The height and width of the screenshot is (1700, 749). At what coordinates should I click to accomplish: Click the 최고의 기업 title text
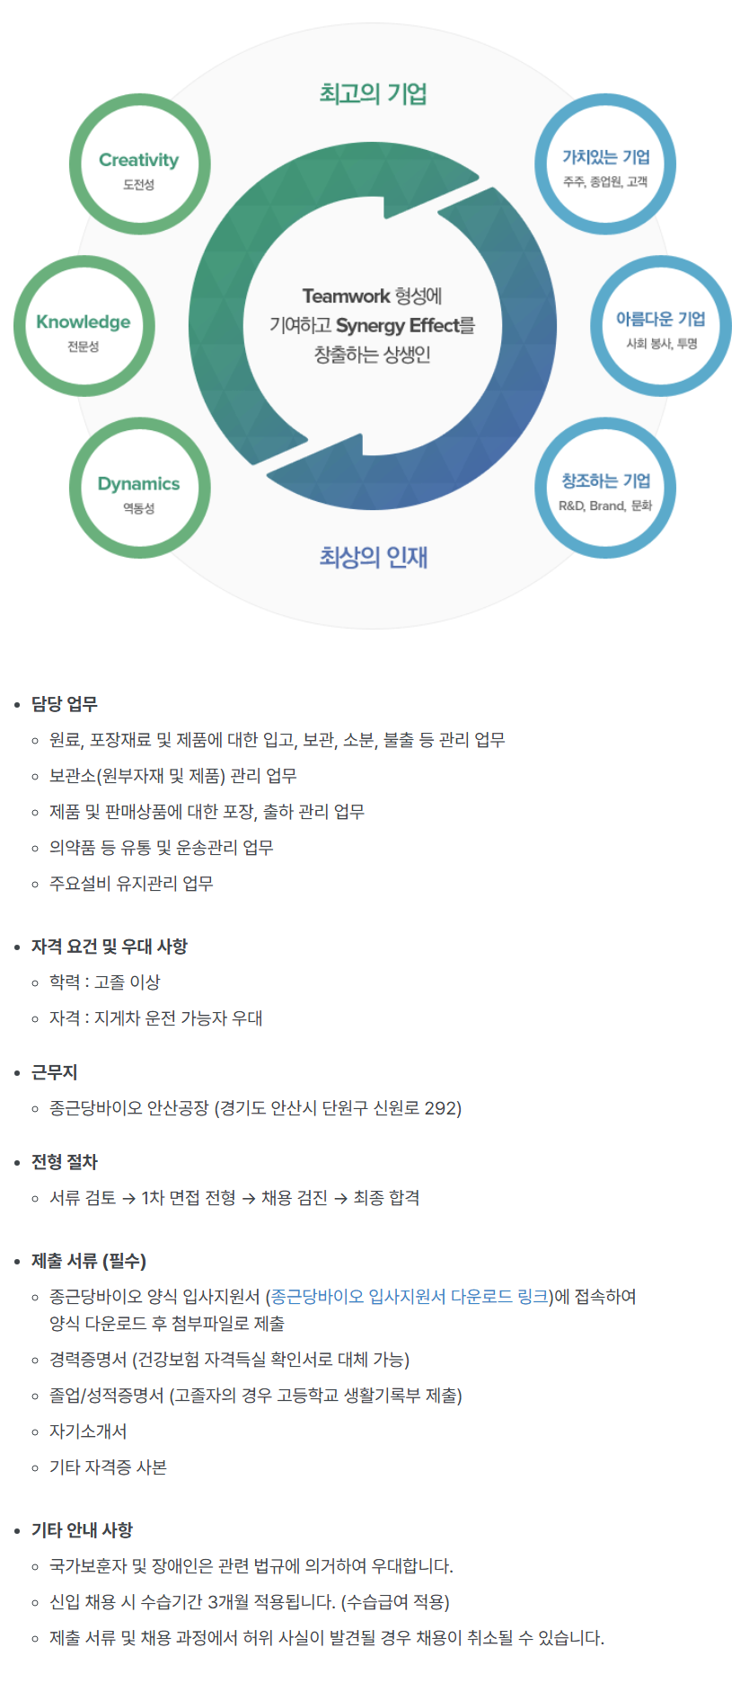click(373, 93)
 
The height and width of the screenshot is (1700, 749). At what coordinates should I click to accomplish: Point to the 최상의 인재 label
click(373, 557)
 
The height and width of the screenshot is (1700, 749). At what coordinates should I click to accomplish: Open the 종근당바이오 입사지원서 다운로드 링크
click(410, 1296)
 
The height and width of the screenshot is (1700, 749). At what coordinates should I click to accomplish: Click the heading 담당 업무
click(65, 704)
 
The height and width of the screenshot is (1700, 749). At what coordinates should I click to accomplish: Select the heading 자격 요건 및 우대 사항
click(110, 947)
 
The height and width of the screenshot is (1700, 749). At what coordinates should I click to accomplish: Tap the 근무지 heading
click(55, 1072)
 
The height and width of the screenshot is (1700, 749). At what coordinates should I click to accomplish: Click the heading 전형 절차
click(65, 1162)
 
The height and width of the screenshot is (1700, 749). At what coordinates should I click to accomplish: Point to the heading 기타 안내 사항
click(82, 1530)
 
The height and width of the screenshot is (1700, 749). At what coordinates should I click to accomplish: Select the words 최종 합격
click(386, 1198)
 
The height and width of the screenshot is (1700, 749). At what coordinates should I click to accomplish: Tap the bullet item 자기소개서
click(88, 1431)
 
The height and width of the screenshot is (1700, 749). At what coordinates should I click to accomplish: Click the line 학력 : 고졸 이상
click(104, 982)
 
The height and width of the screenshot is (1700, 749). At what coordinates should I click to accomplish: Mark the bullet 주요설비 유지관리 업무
click(131, 884)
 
